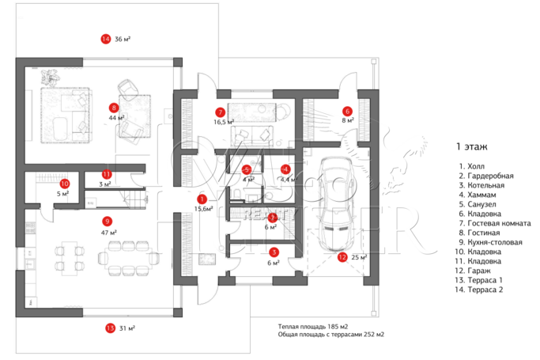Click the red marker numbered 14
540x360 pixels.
point(105,39)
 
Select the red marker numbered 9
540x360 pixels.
point(108,222)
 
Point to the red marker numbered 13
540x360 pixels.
point(109,328)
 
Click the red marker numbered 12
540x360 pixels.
point(342,256)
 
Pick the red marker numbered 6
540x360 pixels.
point(347,111)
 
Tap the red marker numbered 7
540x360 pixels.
point(221,112)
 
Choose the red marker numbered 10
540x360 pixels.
point(64,183)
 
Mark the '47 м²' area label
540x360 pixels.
point(108,233)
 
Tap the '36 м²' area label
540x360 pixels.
point(123,39)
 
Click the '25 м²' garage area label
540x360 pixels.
point(359,256)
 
